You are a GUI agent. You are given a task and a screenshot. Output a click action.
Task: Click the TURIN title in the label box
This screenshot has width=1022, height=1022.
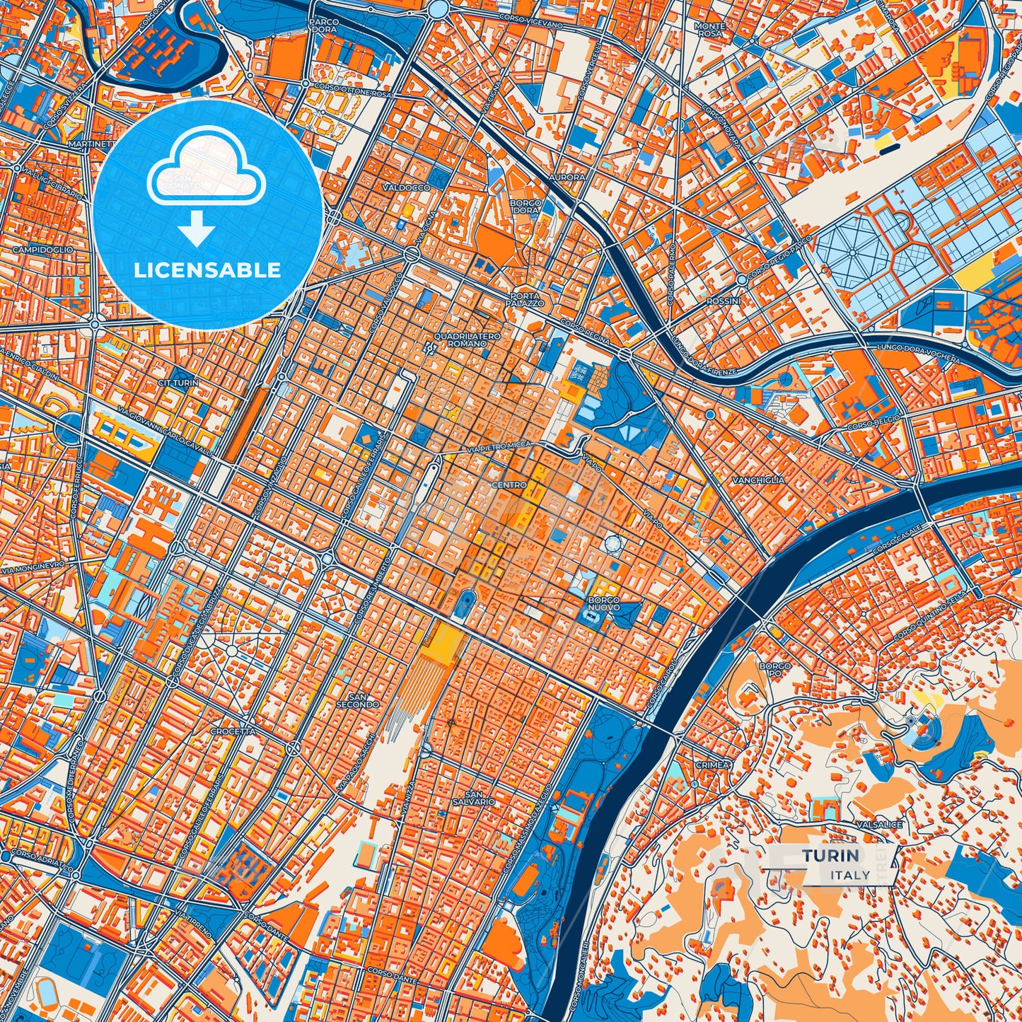pos(830,856)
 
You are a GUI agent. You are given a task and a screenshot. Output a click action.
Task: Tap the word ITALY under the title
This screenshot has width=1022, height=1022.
pos(851,875)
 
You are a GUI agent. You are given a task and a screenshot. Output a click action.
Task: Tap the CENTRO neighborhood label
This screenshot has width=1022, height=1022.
pos(509,485)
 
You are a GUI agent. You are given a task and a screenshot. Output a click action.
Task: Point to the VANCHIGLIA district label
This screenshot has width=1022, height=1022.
pos(758,480)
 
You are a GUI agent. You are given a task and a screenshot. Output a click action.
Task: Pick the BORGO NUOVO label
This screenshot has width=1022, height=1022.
pos(603,603)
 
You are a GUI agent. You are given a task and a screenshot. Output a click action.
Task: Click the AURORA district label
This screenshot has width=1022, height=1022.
pos(567,177)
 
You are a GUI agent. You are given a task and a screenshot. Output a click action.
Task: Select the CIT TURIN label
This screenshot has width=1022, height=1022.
pos(178,383)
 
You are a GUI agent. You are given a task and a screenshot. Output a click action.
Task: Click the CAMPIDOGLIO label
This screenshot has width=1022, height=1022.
pos(42,250)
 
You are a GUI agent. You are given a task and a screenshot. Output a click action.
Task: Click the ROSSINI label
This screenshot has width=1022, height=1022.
pos(723,301)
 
